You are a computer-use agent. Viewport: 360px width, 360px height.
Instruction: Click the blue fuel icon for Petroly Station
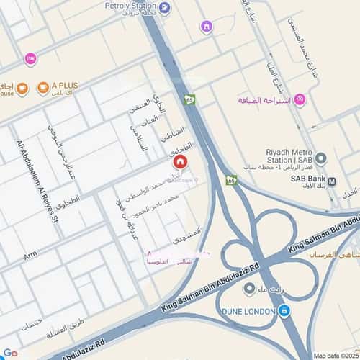pyautogui.click(x=166, y=9)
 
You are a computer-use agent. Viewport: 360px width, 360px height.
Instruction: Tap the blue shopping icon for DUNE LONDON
pyautogui.click(x=285, y=311)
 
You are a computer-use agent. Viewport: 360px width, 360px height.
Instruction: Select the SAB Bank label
pyautogui.click(x=305, y=181)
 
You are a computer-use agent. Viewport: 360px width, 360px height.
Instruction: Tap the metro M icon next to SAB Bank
pyautogui.click(x=331, y=181)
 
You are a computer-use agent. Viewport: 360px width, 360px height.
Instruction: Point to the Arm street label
pyautogui.click(x=30, y=256)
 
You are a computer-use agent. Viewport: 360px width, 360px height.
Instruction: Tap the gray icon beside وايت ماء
pyautogui.click(x=249, y=289)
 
